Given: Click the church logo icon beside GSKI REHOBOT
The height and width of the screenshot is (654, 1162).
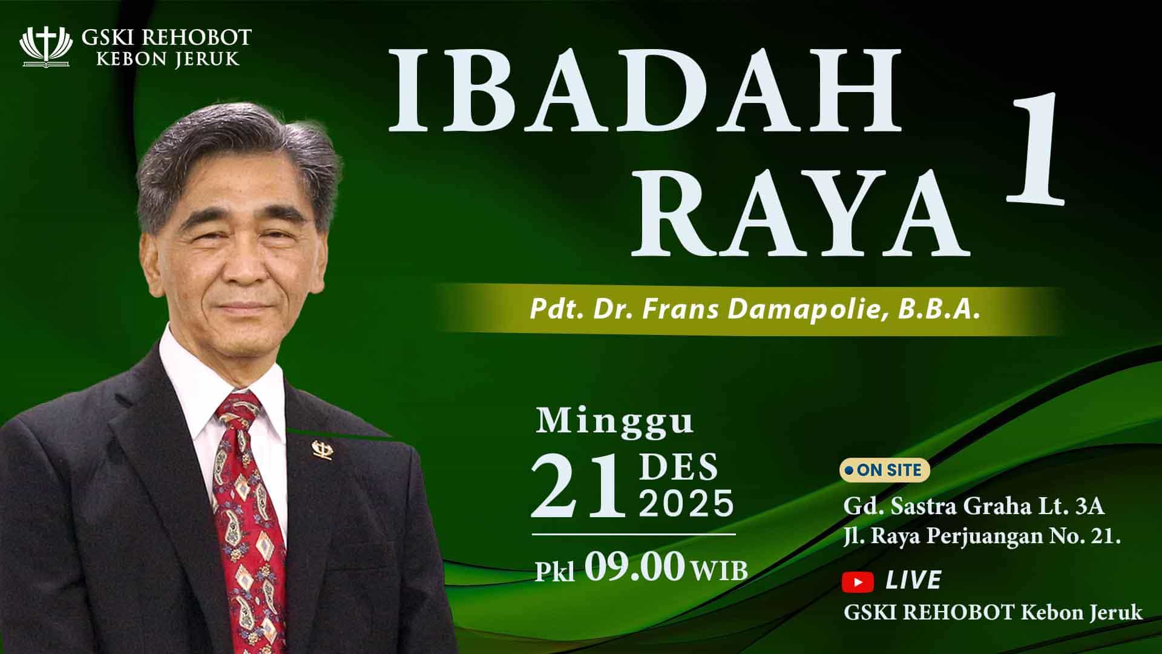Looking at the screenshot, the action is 46,47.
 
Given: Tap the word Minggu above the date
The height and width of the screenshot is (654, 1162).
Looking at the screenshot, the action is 614,422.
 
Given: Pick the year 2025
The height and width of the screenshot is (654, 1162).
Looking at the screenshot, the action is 686,503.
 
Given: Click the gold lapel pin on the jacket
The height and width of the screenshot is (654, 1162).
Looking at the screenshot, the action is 321,449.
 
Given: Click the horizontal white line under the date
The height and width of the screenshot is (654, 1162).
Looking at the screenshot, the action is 634,535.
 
